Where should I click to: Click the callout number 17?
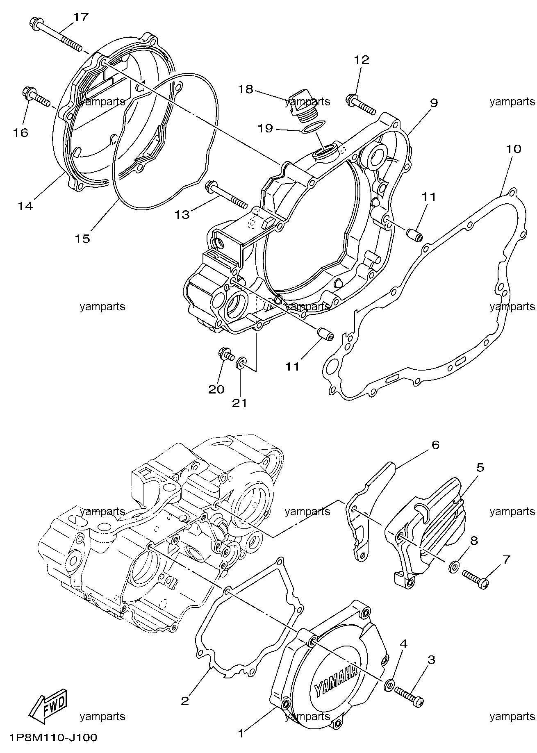81,17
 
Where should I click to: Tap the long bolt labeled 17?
56,33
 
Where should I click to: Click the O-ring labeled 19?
314,127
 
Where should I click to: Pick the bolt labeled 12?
361,104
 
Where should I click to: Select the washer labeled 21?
241,362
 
